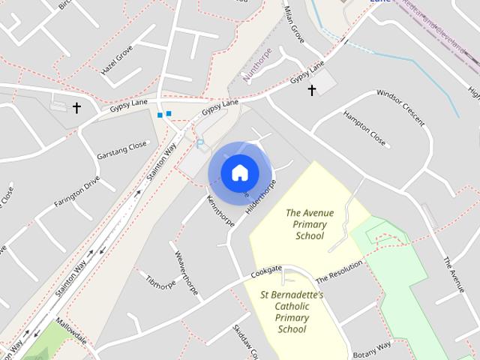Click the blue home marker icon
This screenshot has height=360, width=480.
239,172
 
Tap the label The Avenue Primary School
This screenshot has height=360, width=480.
310,223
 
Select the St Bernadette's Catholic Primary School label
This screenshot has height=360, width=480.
292,312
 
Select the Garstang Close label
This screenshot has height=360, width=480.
121,151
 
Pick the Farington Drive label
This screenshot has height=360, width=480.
76,193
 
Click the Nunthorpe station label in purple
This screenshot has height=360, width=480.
256,64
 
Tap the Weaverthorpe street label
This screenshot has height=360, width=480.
187,271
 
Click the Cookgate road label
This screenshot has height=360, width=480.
266,271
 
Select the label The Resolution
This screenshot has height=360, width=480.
338,270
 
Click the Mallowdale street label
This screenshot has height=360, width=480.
71,331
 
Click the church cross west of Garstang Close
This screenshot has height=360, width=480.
76,108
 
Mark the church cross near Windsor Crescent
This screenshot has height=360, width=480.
311,90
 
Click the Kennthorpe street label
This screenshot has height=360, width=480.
220,210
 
